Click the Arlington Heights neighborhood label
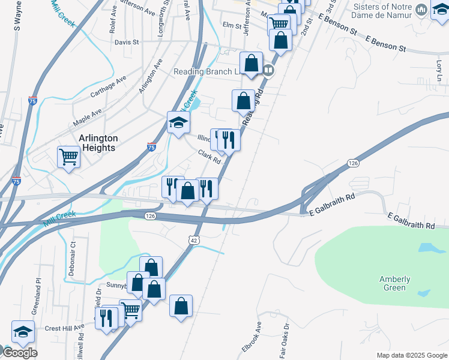tap(98, 143)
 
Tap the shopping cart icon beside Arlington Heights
tap(68, 157)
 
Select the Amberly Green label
tap(394, 283)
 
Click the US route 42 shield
tap(193, 239)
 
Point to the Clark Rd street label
tap(210, 157)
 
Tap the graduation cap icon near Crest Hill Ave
tap(23, 332)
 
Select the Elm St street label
tap(231, 26)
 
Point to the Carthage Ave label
tap(108, 87)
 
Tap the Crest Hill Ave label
tap(64, 329)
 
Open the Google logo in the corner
tap(19, 353)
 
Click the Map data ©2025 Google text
tap(411, 355)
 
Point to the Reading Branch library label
tap(206, 71)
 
